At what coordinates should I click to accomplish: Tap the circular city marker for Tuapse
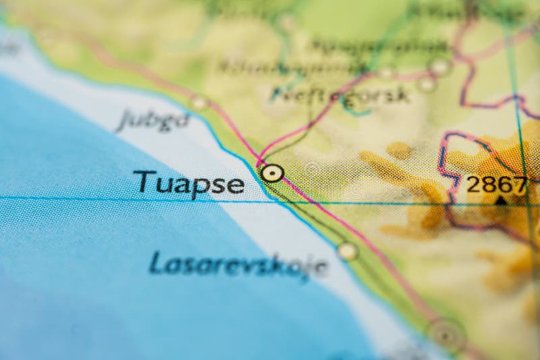272,174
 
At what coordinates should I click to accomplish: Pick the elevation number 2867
497,184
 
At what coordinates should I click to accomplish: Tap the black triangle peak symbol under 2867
501,201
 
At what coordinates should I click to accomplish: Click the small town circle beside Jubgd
198,103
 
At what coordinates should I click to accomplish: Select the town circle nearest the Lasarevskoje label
347,251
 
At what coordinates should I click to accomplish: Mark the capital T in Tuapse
141,181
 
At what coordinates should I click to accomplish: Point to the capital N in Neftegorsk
281,93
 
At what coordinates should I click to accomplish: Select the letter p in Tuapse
198,187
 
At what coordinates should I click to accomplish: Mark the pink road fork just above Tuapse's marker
260,159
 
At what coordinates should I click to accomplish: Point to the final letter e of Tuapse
236,184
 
